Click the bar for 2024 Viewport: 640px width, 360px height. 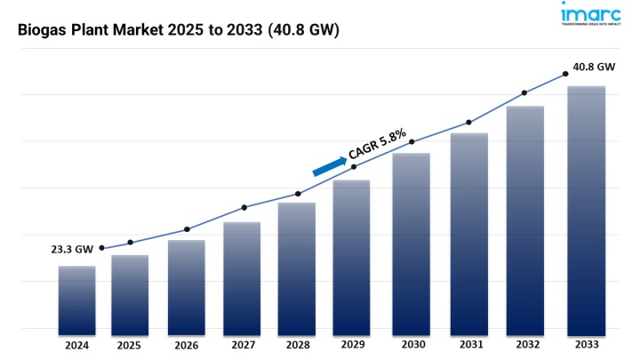[x=77, y=298]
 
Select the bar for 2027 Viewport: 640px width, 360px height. [x=242, y=276]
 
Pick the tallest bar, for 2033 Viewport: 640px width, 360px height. [x=587, y=208]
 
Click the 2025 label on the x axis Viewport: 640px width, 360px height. [x=130, y=345]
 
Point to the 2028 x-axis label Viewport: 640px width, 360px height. [x=297, y=345]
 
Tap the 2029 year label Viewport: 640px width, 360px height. [x=352, y=345]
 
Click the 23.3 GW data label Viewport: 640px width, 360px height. [x=72, y=250]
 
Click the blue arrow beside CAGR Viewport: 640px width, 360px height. [x=330, y=166]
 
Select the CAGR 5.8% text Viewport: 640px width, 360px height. [x=378, y=145]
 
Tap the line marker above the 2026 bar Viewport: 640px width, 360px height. [x=187, y=229]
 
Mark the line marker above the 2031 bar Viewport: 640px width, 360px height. [x=468, y=122]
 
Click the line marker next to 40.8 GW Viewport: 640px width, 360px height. [x=565, y=75]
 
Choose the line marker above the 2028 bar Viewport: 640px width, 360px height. [x=298, y=194]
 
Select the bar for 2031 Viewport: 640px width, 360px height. [x=468, y=231]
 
